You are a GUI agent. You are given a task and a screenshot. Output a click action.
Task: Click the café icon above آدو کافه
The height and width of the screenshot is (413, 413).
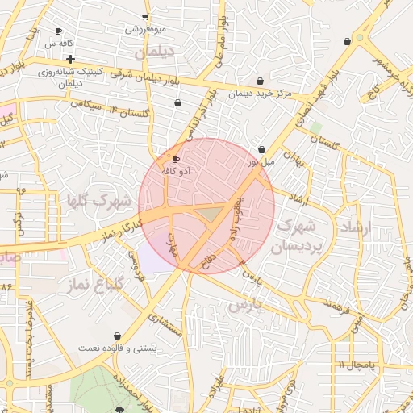coord(177,160)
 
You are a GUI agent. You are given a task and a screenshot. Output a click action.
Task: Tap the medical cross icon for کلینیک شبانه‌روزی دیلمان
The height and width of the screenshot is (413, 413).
coord(71,59)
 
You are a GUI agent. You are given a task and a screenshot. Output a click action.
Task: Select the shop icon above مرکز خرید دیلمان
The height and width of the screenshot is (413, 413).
coord(260,81)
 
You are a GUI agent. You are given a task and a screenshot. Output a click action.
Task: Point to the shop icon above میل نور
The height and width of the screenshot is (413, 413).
coord(262,149)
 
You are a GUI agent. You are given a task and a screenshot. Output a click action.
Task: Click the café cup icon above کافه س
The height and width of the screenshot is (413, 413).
coord(57,31)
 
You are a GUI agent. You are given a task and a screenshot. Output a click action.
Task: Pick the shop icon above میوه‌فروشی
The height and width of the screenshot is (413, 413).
coord(145,17)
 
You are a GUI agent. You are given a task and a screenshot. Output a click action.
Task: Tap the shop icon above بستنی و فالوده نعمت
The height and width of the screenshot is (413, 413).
coord(118,335)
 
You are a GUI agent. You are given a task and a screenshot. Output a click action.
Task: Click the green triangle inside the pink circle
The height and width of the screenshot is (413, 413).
coord(211,214)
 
